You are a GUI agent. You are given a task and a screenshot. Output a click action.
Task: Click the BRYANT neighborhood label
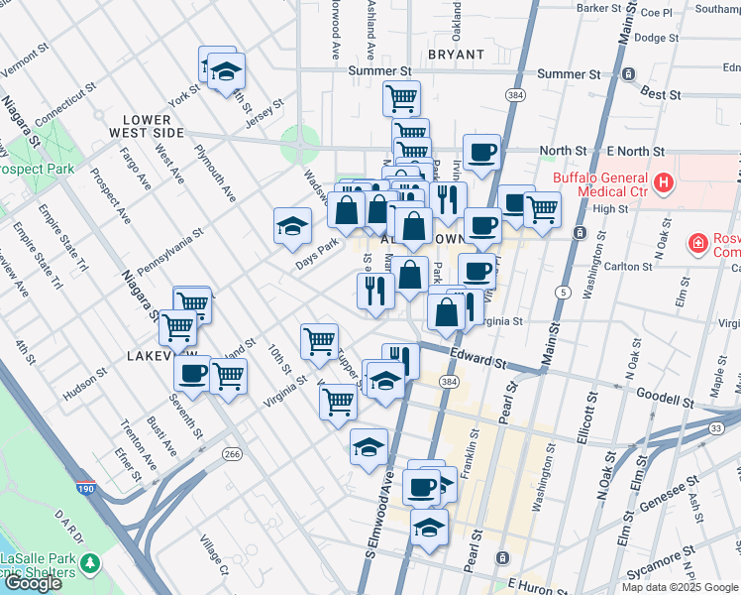click(456, 55)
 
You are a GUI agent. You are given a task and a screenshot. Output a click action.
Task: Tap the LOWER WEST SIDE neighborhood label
click(147, 126)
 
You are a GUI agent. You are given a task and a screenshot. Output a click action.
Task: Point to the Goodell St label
click(664, 399)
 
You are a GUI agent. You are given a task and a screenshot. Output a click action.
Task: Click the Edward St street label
click(478, 356)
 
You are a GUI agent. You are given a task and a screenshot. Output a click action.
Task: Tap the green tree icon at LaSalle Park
click(91, 563)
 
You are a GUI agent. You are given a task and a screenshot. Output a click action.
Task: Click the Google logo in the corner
click(32, 583)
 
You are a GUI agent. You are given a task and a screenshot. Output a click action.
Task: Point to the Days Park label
click(317, 255)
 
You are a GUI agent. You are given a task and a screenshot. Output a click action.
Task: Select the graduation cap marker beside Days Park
click(292, 226)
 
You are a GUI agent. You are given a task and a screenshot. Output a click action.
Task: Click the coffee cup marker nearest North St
click(481, 152)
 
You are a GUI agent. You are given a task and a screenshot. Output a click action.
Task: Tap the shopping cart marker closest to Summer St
click(401, 97)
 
